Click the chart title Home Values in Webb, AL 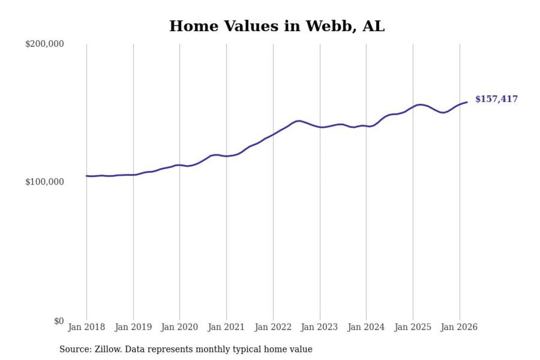pos(277,26)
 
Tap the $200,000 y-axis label pos(44,44)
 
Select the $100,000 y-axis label pos(44,182)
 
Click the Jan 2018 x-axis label pos(87,328)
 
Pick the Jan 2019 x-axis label pos(133,328)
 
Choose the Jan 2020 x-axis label pos(180,328)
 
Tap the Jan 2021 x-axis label pos(227,328)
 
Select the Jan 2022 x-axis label pos(273,328)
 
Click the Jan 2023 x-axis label pos(320,328)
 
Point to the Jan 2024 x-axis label pos(366,328)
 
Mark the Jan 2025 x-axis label pos(413,328)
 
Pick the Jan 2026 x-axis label pos(459,328)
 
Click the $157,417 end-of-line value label pos(496,99)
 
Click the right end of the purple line pos(467,102)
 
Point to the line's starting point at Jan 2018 pos(87,176)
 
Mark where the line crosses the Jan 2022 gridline pos(273,135)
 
